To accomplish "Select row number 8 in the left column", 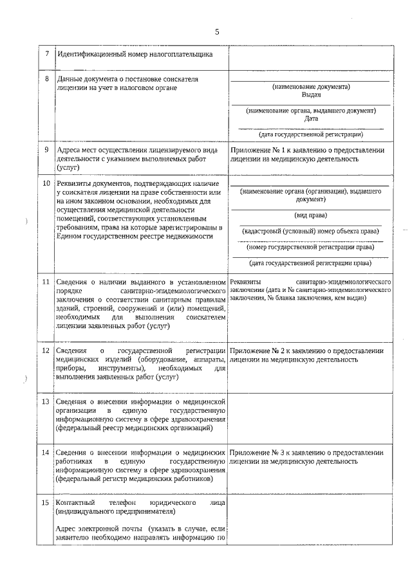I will [x=46, y=79].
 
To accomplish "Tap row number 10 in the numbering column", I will [x=46, y=184].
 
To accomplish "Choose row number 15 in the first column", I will [x=46, y=502].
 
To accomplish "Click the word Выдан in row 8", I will [x=311, y=94].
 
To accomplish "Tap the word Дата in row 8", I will [x=311, y=118].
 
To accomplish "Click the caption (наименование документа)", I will [x=311, y=86].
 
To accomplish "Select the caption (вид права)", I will [x=311, y=215].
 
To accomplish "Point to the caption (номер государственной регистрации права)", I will [x=311, y=246].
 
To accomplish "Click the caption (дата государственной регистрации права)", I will [x=311, y=262].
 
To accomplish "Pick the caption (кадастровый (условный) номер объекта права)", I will [x=311, y=231].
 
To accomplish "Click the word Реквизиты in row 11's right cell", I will [x=246, y=282].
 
